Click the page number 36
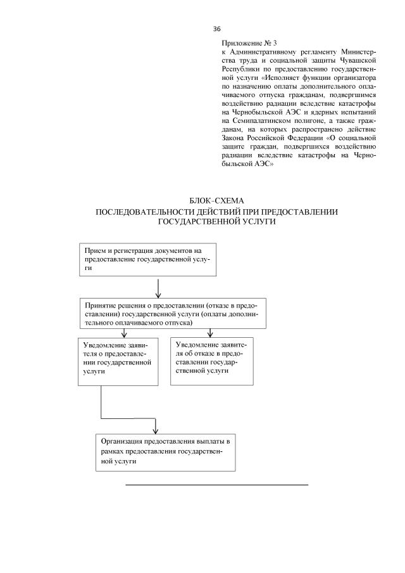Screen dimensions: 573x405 [216, 29]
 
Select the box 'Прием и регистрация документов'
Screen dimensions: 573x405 [148, 260]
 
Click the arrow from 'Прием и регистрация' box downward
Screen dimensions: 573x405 [157, 287]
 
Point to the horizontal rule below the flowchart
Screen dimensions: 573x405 [216, 485]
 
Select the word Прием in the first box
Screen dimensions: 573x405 [94, 251]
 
